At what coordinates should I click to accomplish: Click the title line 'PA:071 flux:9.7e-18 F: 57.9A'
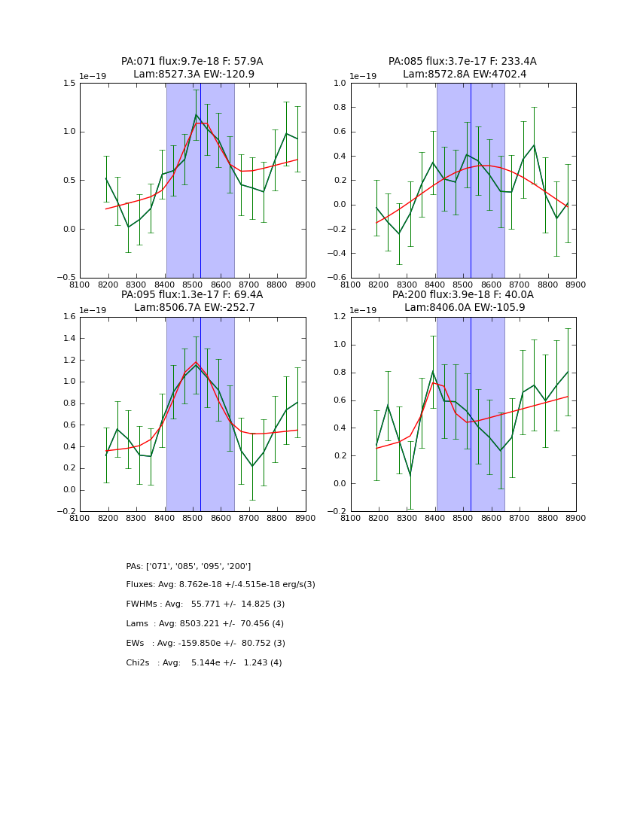192,62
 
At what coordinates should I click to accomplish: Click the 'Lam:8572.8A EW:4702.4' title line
463,75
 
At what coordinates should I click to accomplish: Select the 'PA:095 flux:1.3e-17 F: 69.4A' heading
192,295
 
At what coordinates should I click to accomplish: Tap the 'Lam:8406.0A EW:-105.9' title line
463,308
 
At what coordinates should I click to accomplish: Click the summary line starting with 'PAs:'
188,566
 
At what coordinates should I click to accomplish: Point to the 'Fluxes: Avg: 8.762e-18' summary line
221,585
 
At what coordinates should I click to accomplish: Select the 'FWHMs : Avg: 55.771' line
206,604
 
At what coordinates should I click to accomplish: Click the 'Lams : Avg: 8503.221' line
205,624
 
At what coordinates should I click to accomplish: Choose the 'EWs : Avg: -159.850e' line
206,644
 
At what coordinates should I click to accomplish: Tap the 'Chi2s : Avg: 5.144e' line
204,663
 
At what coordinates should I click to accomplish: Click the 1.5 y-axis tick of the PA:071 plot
69,84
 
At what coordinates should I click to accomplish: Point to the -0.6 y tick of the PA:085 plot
337,278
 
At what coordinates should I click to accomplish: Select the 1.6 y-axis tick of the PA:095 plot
69,317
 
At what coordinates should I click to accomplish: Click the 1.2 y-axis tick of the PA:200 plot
340,317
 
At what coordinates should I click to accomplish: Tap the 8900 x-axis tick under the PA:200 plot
576,517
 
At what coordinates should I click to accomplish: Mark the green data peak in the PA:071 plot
196,114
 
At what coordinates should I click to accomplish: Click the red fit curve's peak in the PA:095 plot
196,362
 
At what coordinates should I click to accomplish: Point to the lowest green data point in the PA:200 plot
410,476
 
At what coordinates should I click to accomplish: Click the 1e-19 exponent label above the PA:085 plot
364,77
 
